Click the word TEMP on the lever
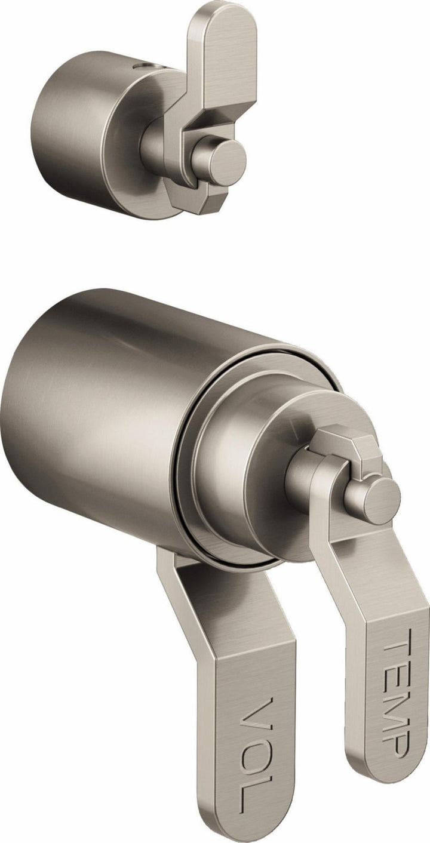click(x=395, y=693)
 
